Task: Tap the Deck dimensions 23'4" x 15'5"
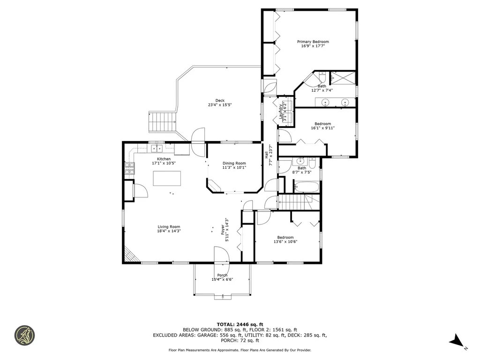pos(220,105)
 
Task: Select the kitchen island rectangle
pos(167,179)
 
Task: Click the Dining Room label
pos(234,163)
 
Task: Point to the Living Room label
pos(169,226)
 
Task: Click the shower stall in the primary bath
pos(343,77)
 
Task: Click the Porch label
pos(222,275)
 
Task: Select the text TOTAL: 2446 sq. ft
pos(240,324)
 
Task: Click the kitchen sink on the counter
pos(156,149)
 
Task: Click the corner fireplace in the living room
pos(130,255)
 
